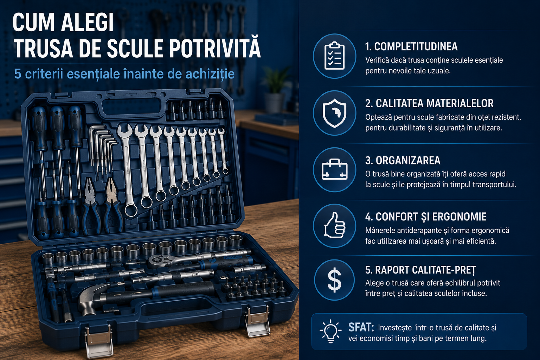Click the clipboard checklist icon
pyautogui.click(x=334, y=56)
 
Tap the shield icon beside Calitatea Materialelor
pyautogui.click(x=334, y=113)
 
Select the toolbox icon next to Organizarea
pyautogui.click(x=334, y=169)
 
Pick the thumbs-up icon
pyautogui.click(x=334, y=225)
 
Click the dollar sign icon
pyautogui.click(x=334, y=280)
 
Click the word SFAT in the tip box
pyautogui.click(x=361, y=327)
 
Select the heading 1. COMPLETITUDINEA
pyautogui.click(x=411, y=46)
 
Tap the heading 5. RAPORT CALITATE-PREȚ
pyautogui.click(x=420, y=270)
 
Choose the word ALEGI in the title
pyautogui.click(x=88, y=22)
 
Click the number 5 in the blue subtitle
pyautogui.click(x=18, y=74)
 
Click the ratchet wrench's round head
pyautogui.click(x=159, y=261)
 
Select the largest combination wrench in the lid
pyautogui.click(x=128, y=170)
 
